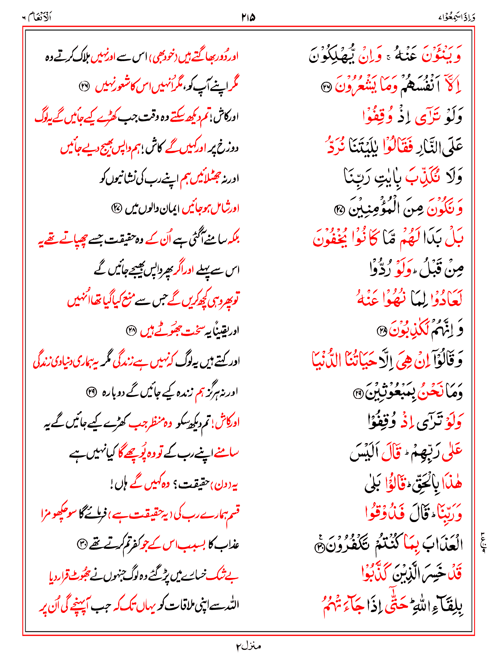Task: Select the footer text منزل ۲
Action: (248, 646)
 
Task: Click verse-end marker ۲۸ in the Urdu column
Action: (131, 330)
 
